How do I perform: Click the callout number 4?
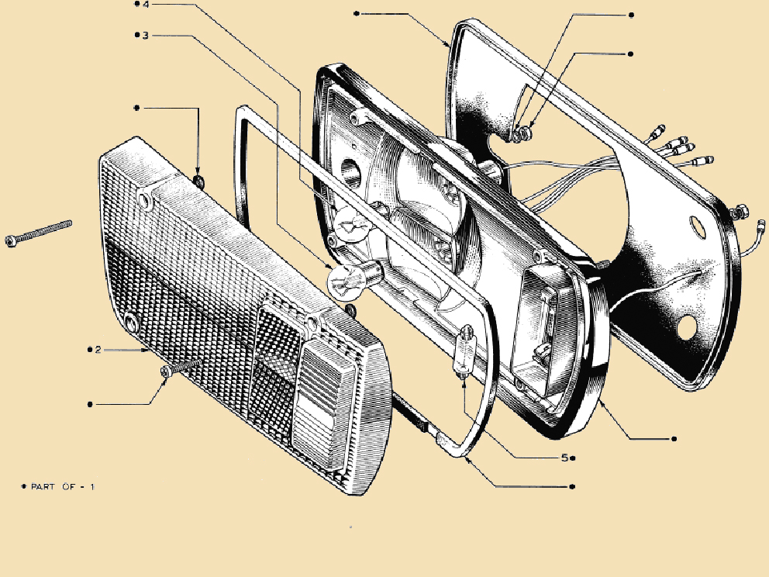[147, 5]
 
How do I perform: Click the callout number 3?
[146, 36]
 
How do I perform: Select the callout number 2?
[98, 350]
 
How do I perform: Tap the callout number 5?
[564, 458]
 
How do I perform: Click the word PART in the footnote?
[43, 487]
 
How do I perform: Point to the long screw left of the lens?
[38, 233]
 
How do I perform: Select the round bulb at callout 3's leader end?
[353, 279]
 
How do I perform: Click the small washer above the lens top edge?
[199, 181]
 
